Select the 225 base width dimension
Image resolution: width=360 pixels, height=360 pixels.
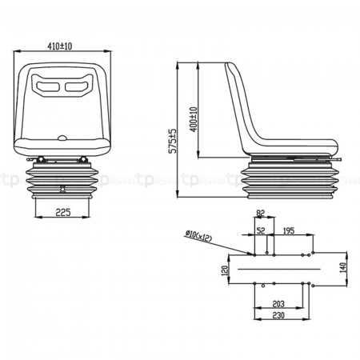coord(66,212)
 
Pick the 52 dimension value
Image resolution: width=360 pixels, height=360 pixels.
coord(260,230)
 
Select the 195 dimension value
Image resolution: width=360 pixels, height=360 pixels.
coord(289,230)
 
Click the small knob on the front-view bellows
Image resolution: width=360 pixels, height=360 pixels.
coord(64,189)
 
